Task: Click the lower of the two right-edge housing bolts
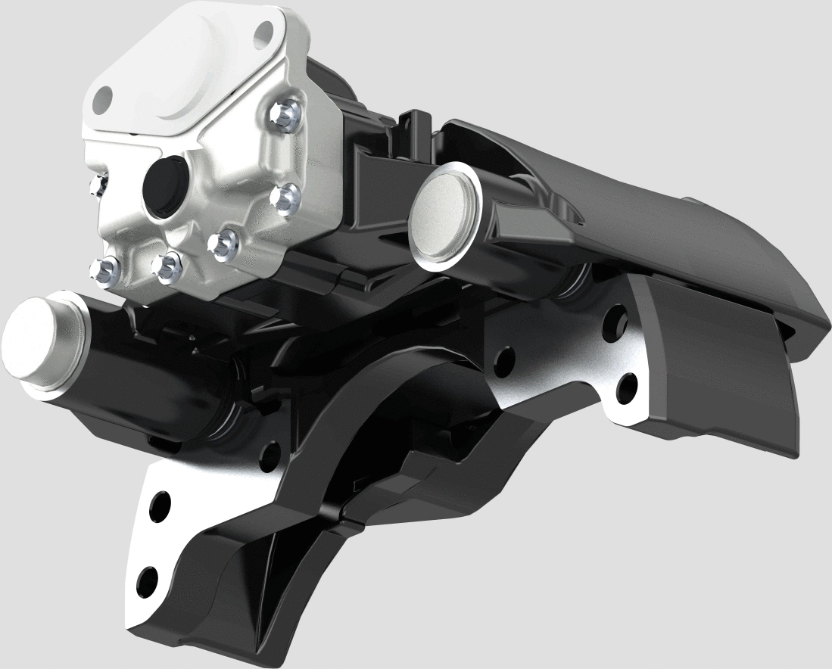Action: click(x=223, y=244)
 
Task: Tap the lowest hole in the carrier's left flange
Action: click(x=149, y=580)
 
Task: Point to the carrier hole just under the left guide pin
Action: click(x=266, y=453)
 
